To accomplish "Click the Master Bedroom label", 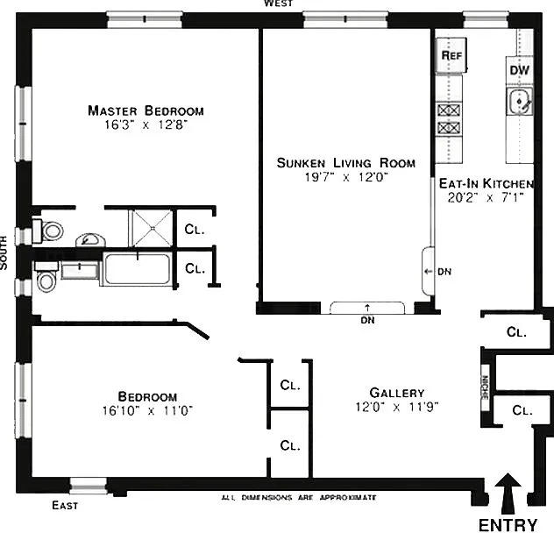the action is tap(146, 110).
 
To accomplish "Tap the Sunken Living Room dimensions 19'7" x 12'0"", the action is tap(346, 177).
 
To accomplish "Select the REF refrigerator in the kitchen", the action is tap(451, 55).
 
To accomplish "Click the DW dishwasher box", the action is tap(519, 70).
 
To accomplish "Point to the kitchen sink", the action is tap(519, 102).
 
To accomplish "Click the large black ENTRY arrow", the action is tap(508, 494).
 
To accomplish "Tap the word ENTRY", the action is tap(508, 524).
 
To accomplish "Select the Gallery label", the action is tap(397, 393).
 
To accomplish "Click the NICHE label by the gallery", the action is tap(485, 387).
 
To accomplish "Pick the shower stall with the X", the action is tap(153, 228).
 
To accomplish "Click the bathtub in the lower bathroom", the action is tap(138, 269).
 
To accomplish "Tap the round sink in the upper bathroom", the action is tap(91, 240).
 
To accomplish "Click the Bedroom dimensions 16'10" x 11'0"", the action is tap(147, 410).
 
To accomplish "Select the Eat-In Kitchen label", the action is tap(487, 183).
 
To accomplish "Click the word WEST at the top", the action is tap(279, 4).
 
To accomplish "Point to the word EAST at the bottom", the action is tap(65, 506).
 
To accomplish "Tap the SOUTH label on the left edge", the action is tap(4, 252).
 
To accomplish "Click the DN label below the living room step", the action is tap(367, 320).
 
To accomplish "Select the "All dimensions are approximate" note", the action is tap(299, 498).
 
